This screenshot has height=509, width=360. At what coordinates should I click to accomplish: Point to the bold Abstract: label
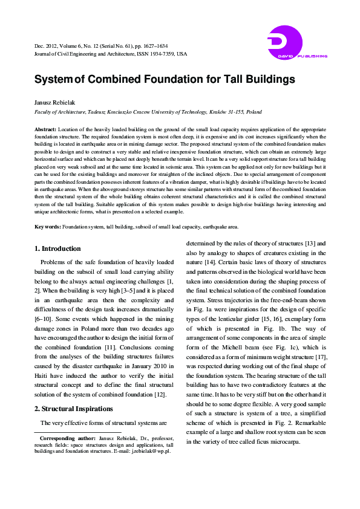[x=45, y=130]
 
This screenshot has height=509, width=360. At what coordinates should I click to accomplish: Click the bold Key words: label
[x=48, y=226]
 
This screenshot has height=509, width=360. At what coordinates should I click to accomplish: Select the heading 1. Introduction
[x=57, y=248]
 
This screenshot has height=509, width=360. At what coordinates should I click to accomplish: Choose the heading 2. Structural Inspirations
[x=73, y=409]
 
